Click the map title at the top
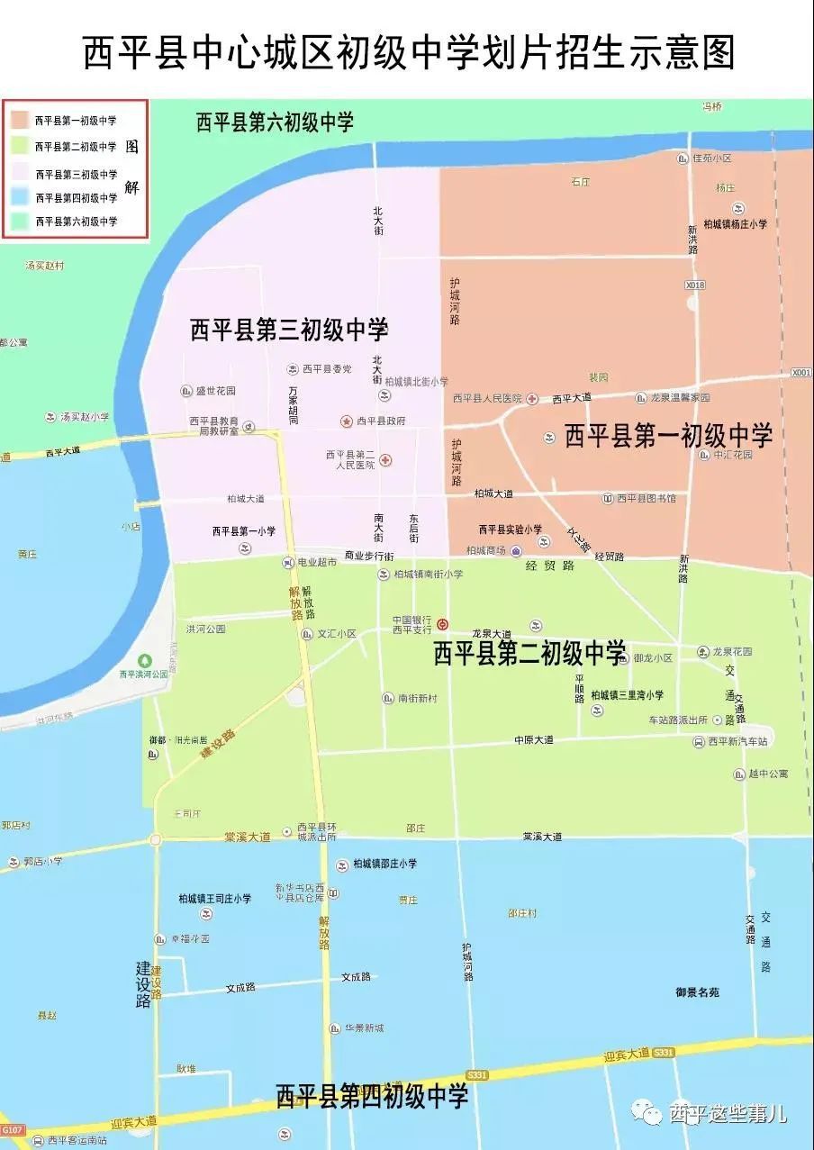tap(407, 53)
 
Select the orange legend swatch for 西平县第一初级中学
tap(19, 119)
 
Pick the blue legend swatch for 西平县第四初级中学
tap(19, 197)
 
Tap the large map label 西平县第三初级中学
tap(289, 330)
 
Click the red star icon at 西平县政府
tap(346, 421)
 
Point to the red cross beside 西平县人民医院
tap(533, 398)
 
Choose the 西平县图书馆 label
tap(646, 498)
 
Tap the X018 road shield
tap(694, 285)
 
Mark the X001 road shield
tap(800, 372)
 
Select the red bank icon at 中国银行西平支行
tap(442, 624)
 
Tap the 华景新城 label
tap(363, 1028)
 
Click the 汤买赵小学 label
tap(85, 417)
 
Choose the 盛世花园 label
tap(215, 391)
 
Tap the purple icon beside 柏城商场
tap(515, 550)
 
